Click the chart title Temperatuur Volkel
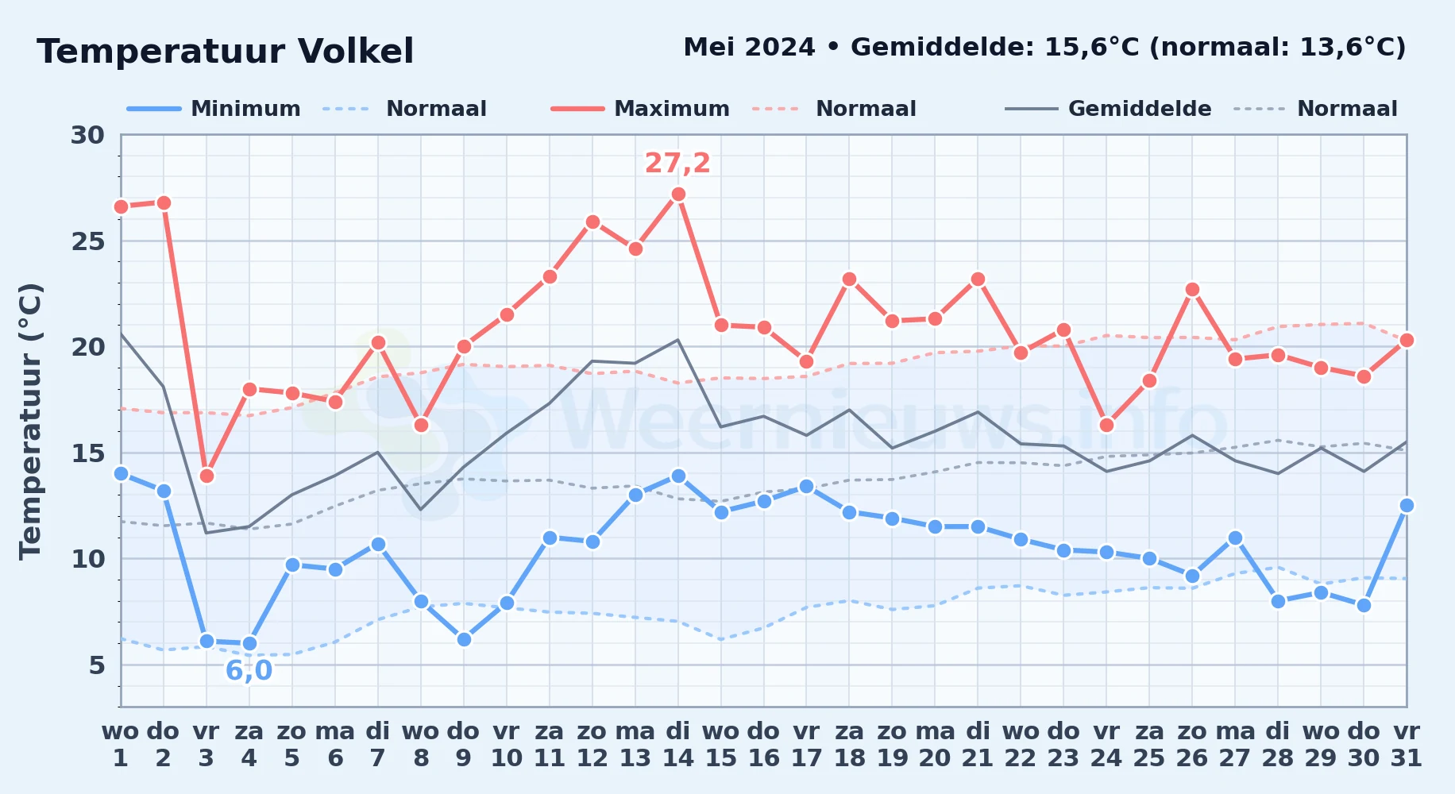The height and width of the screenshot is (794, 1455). [226, 52]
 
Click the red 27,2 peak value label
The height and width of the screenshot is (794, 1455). [677, 163]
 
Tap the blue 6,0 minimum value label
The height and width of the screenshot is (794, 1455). [249, 671]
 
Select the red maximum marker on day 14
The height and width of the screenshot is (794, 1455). [678, 194]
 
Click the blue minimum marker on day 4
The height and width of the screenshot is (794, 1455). [249, 643]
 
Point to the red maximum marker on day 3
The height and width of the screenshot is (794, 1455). [206, 476]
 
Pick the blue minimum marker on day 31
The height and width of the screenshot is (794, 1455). [1407, 505]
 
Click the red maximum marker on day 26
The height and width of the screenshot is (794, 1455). [1192, 290]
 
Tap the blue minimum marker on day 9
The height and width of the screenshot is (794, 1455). [464, 639]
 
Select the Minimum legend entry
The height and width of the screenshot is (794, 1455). [214, 109]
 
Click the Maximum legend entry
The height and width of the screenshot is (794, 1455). [640, 109]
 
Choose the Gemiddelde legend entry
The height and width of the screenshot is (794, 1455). [1109, 109]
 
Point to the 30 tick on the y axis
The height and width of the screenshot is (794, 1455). [87, 135]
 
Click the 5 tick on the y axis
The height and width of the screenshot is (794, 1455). [97, 665]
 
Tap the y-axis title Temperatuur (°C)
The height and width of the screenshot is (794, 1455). [30, 422]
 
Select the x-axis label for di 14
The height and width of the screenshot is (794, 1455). [678, 745]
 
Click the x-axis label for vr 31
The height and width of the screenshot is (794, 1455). [1407, 745]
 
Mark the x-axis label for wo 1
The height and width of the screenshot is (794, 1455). [121, 745]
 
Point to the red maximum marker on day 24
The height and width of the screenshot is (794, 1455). [1106, 425]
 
